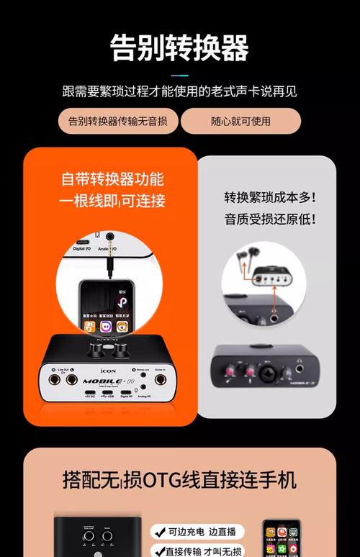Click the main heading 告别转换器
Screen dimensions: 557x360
(179, 49)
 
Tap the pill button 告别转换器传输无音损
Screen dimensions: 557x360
(117, 121)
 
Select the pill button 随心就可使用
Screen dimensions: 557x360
(240, 121)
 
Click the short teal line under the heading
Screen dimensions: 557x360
(179, 74)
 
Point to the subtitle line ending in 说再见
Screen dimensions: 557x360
(179, 91)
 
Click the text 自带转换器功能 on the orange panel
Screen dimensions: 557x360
(112, 179)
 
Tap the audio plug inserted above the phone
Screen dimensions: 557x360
(109, 264)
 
